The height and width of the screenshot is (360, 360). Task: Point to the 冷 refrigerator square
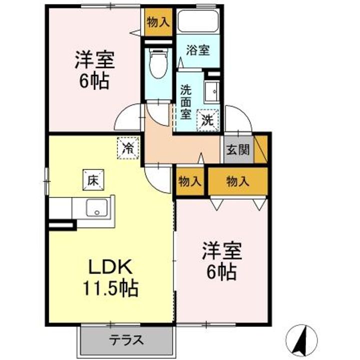point(128,147)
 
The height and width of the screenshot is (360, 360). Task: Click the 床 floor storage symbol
point(92,179)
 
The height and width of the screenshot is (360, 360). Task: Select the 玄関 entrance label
point(237,150)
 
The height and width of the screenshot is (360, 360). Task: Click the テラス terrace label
point(127,341)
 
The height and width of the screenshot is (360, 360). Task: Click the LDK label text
point(110,267)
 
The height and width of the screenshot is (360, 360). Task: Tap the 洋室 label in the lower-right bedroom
point(221,251)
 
